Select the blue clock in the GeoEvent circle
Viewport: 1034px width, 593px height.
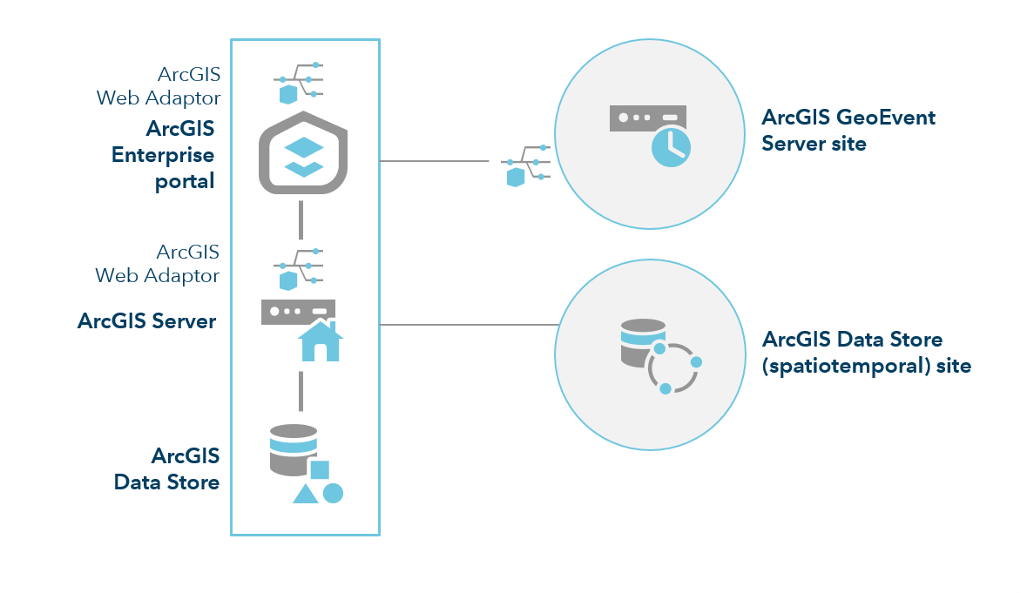pyautogui.click(x=670, y=145)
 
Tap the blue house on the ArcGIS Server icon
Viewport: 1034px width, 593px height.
pyautogui.click(x=320, y=341)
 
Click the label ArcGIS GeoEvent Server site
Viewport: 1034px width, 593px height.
pyautogui.click(x=848, y=130)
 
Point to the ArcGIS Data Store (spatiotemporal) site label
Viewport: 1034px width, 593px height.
pyautogui.click(x=865, y=352)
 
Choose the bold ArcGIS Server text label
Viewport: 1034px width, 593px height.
pyautogui.click(x=146, y=320)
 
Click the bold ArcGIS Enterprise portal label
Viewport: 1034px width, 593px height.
pyautogui.click(x=163, y=155)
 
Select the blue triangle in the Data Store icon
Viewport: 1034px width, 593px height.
pyautogui.click(x=305, y=494)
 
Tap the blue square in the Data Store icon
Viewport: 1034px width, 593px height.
pyautogui.click(x=320, y=469)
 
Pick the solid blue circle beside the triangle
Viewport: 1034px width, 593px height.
pyautogui.click(x=333, y=494)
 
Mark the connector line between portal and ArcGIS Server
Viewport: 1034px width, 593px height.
pyautogui.click(x=301, y=219)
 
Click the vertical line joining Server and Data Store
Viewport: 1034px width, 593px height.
pyautogui.click(x=301, y=391)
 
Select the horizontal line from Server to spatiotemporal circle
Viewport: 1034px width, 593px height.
pyautogui.click(x=469, y=325)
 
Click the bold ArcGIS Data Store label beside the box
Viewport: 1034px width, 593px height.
pyautogui.click(x=166, y=468)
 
